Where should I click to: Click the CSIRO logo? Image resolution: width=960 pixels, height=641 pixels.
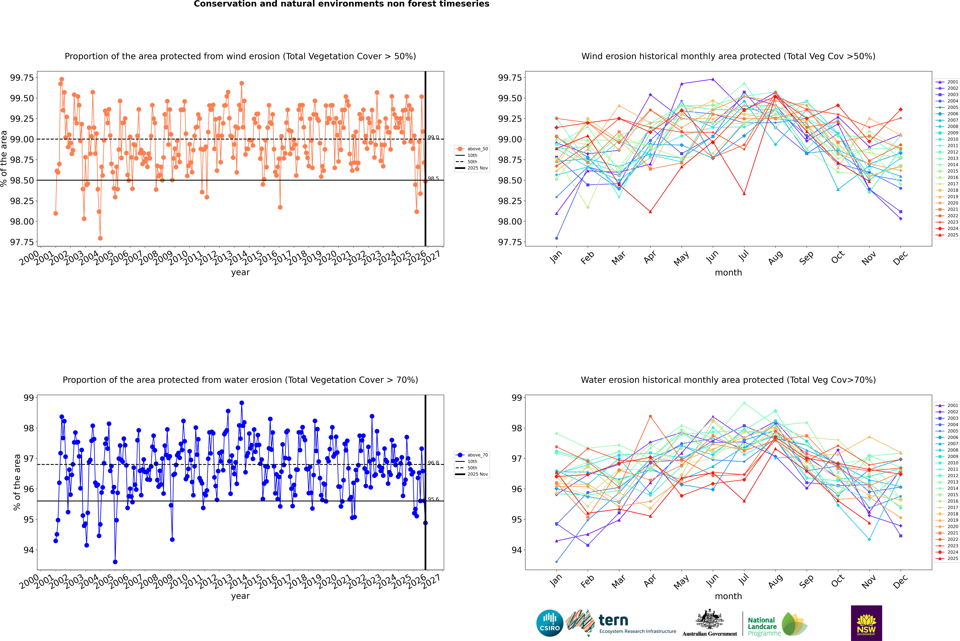click(550, 623)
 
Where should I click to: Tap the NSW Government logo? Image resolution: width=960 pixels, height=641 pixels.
click(866, 623)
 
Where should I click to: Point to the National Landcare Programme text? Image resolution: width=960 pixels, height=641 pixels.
click(762, 626)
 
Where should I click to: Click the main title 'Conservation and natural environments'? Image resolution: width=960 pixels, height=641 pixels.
click(341, 4)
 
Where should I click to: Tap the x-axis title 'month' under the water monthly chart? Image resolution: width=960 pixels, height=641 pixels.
click(728, 596)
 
